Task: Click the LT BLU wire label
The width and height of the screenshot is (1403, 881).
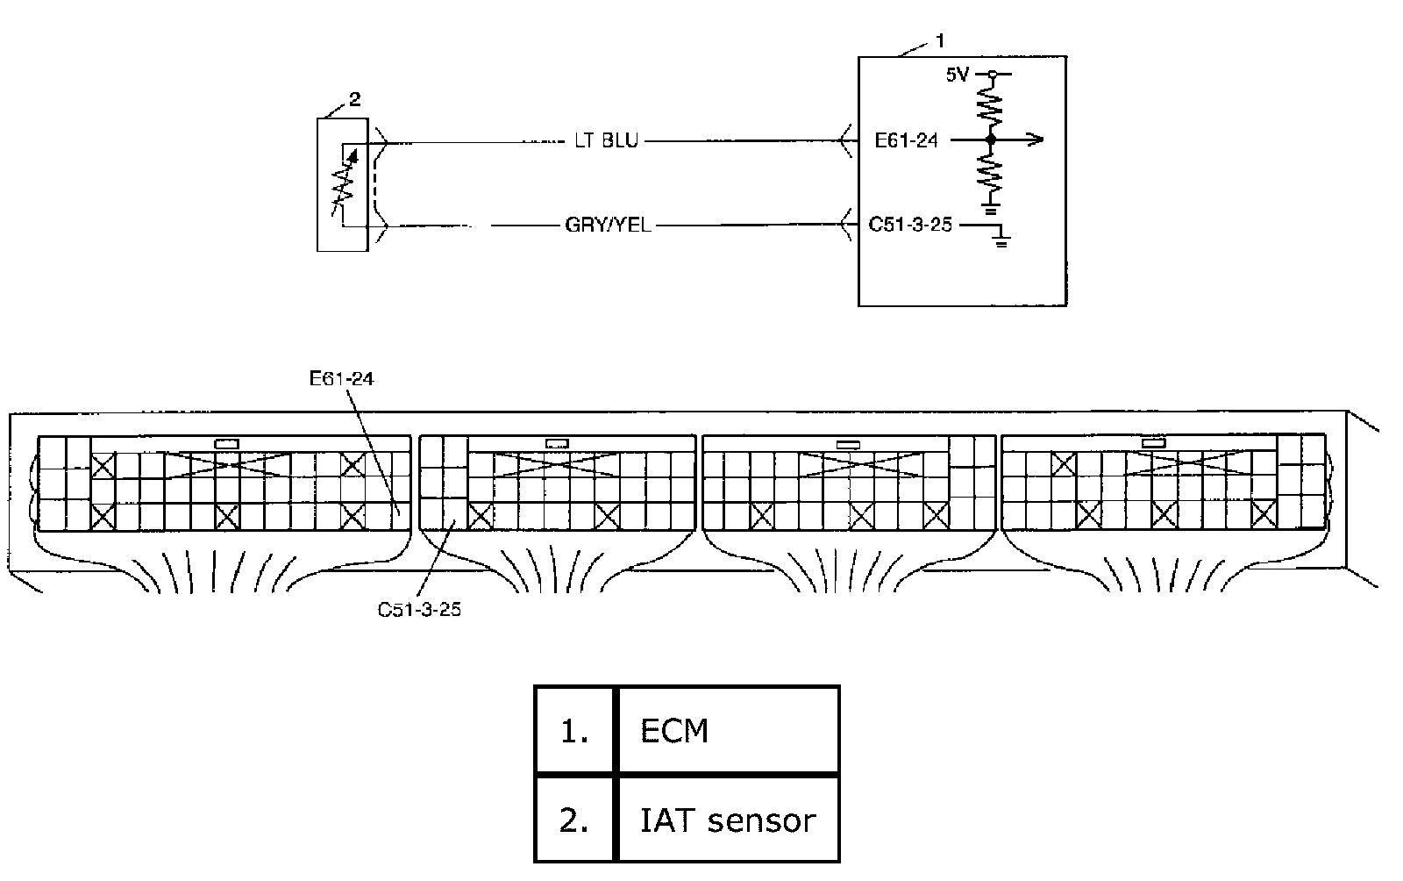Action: pos(607,140)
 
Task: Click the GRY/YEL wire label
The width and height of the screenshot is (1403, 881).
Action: pos(608,226)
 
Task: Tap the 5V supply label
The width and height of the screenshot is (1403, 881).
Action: pos(957,75)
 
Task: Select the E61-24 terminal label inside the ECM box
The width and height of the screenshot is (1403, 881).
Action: pos(907,140)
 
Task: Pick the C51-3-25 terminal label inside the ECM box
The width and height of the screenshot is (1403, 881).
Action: pos(910,225)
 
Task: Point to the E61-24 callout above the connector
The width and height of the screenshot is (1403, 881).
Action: pos(342,379)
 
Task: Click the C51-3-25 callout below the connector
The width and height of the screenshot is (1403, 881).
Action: pos(419,609)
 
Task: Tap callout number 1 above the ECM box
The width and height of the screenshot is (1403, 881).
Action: pos(940,40)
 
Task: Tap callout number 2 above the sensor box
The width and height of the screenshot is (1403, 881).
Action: pos(354,100)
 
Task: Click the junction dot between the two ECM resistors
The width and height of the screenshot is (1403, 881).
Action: pos(992,140)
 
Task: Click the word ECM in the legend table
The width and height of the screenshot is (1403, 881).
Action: pos(674,731)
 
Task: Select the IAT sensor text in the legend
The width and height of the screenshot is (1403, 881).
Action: pos(728,820)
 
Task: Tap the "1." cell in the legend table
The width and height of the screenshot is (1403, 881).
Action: pos(574,731)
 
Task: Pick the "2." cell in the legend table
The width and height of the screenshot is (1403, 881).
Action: pos(574,820)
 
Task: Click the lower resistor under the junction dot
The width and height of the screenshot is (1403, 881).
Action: pos(992,174)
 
